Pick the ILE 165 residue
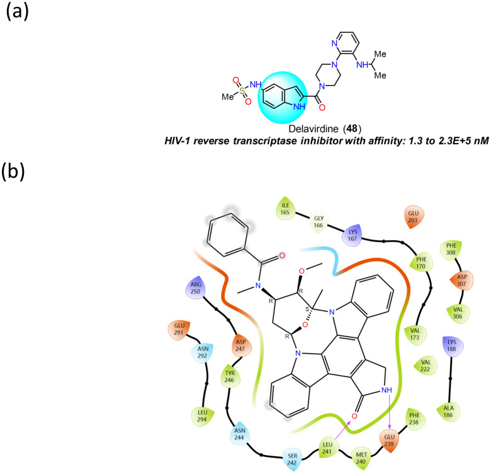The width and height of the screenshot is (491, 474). click(284, 209)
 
